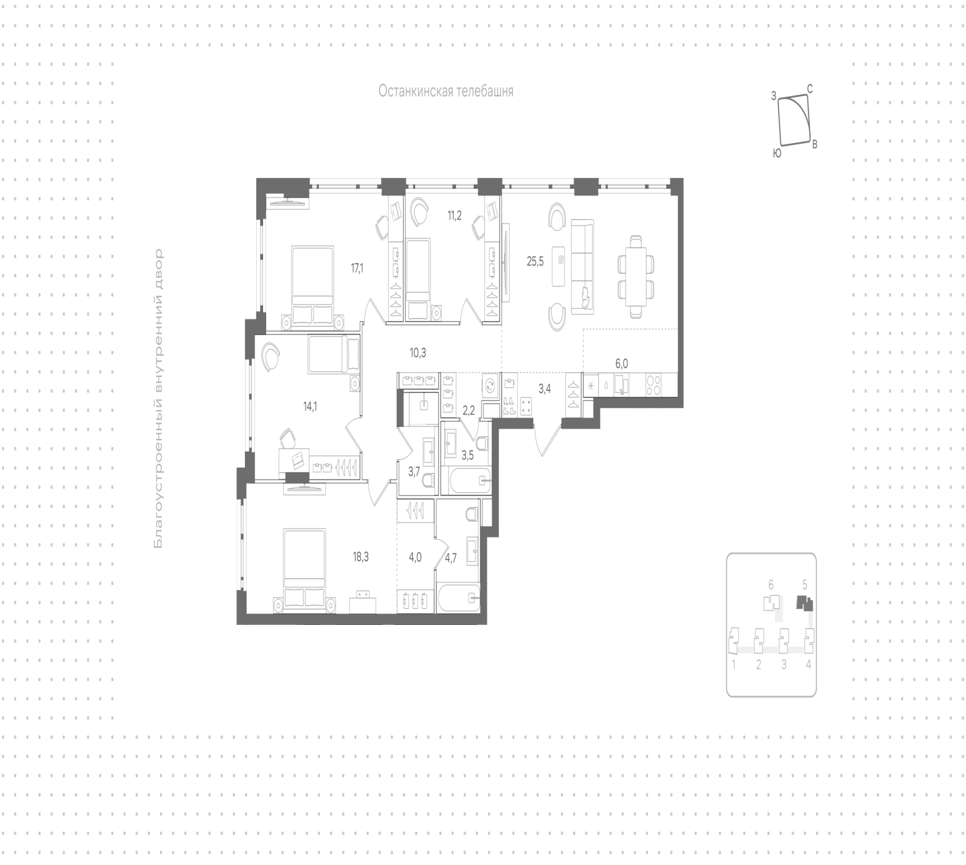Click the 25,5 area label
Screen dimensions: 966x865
tap(535, 262)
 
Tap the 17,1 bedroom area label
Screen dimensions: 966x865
tap(357, 268)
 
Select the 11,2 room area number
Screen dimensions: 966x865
tap(455, 216)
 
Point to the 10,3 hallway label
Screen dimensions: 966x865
tap(418, 353)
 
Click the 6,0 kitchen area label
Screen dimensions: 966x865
tap(621, 363)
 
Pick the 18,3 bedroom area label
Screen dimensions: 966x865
tap(361, 557)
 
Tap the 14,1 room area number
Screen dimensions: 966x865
tap(310, 407)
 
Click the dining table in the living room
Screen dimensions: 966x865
tap(636, 276)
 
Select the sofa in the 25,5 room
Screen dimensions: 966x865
tap(582, 267)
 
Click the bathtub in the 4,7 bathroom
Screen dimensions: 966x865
tap(458, 598)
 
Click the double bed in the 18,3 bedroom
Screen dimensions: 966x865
tap(304, 567)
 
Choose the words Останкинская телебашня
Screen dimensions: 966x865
tap(446, 91)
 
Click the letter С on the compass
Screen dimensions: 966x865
tap(810, 89)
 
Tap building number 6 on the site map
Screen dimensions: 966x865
tap(771, 585)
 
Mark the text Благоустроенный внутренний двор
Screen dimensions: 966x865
tap(159, 398)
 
